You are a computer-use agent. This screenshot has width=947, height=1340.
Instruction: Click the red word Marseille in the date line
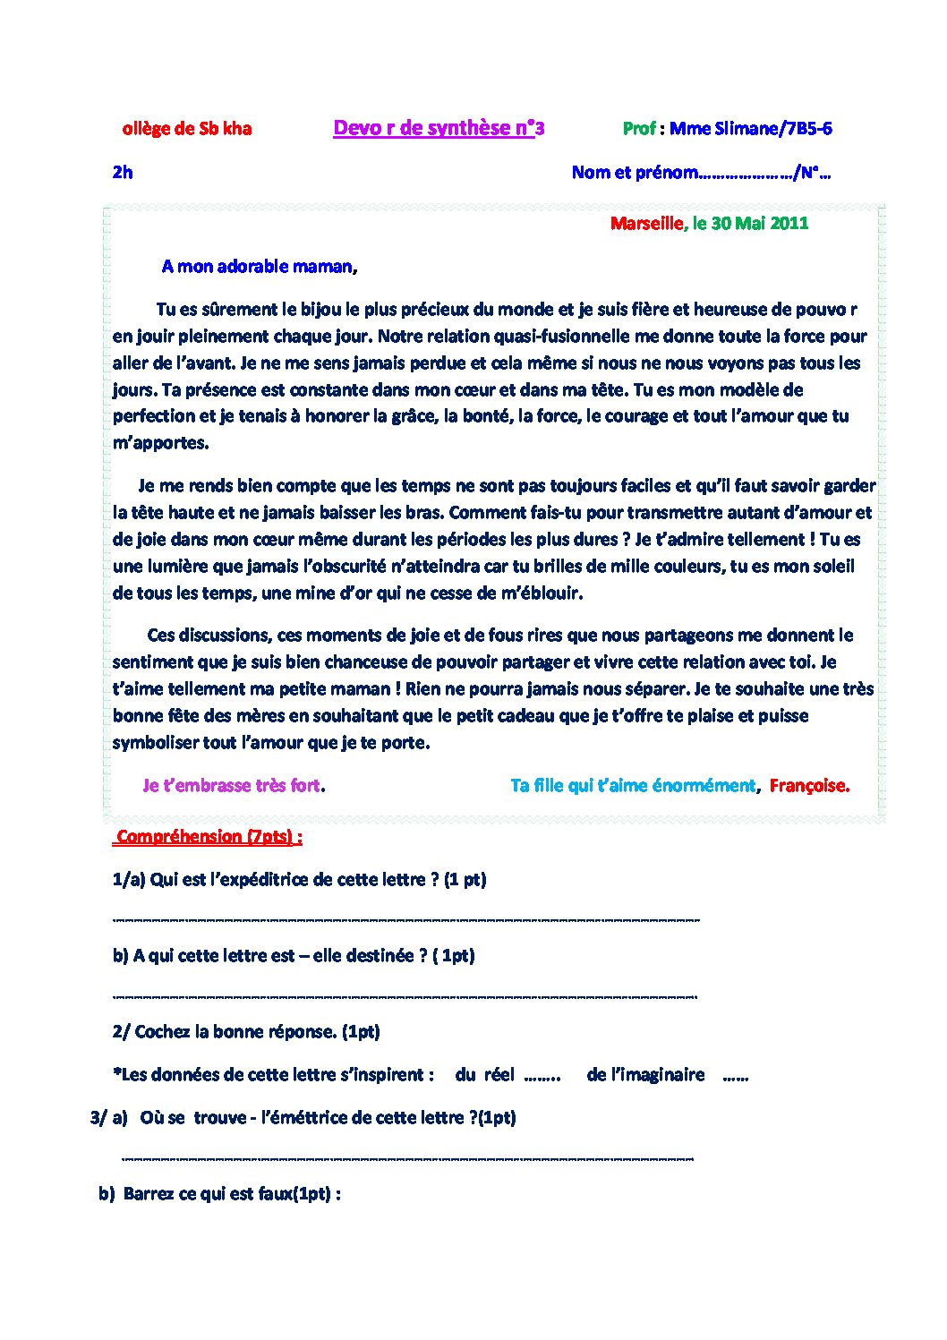coord(645,224)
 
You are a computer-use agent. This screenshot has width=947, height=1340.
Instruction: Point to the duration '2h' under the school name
coord(123,173)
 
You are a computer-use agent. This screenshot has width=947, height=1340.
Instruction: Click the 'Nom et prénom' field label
coord(633,173)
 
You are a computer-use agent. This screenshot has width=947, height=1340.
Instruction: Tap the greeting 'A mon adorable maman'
coord(258,267)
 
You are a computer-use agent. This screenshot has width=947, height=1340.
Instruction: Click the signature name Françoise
coord(808,786)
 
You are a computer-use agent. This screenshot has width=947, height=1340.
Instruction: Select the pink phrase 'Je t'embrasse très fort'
coord(231,786)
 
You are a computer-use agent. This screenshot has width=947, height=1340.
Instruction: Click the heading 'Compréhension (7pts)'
coord(208,837)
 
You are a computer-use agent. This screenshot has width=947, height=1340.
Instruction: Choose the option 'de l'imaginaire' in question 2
coord(645,1075)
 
